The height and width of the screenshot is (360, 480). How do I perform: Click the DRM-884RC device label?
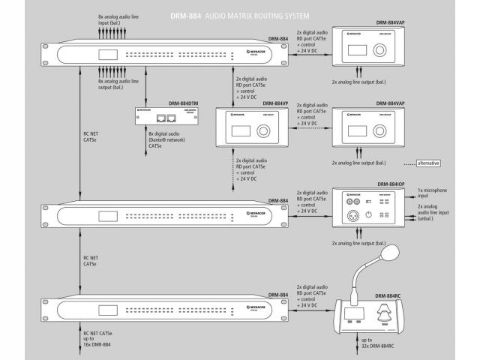pyautogui.click(x=390, y=296)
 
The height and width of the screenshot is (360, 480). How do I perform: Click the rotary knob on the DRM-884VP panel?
pyautogui.click(x=263, y=132)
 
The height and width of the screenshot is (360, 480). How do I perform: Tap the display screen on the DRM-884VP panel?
pyautogui.click(x=240, y=132)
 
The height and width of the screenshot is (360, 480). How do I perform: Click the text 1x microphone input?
pyautogui.click(x=436, y=193)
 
